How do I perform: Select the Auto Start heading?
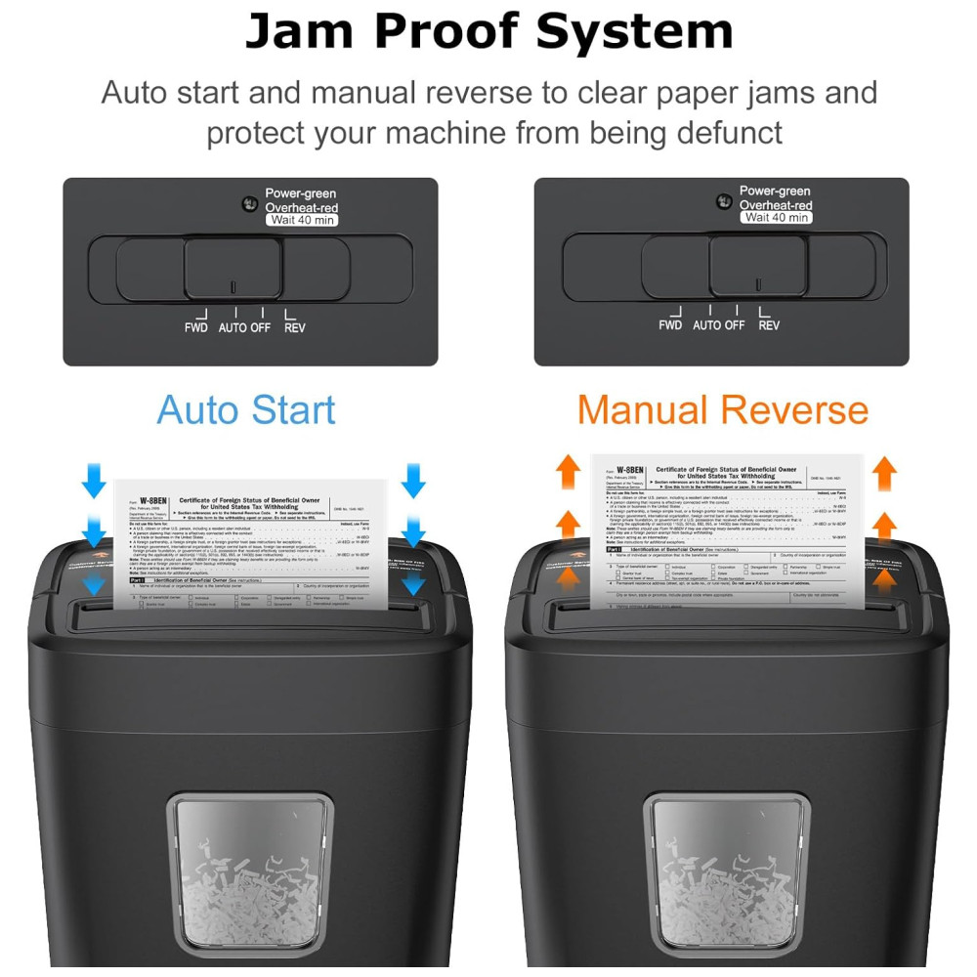(x=246, y=409)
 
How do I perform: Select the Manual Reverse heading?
(x=722, y=409)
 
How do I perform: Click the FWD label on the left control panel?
(x=196, y=327)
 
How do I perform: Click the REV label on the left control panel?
(x=294, y=327)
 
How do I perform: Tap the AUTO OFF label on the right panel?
(x=719, y=324)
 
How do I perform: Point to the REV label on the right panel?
(x=769, y=324)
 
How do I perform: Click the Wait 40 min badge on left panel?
(x=301, y=220)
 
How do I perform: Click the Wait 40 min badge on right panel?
(x=777, y=217)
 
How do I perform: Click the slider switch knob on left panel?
(x=234, y=267)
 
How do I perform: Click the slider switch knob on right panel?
(x=757, y=265)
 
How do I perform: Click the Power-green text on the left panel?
(x=300, y=192)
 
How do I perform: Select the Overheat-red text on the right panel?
(x=776, y=205)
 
